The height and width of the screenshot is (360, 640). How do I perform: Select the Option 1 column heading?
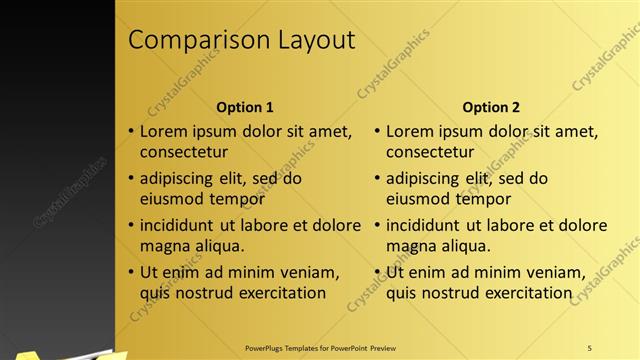tap(245, 107)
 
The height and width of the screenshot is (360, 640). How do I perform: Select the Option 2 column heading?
tap(491, 107)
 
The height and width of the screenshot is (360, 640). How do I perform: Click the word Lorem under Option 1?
tap(164, 131)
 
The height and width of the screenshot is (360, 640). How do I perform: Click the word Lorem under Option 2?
tap(410, 131)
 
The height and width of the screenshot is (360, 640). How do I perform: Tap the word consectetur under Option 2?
tap(430, 153)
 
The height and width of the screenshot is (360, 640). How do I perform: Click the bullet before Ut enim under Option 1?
tap(131, 272)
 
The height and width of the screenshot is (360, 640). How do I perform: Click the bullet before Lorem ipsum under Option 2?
tap(377, 131)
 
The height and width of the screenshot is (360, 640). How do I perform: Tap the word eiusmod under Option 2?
tap(418, 199)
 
